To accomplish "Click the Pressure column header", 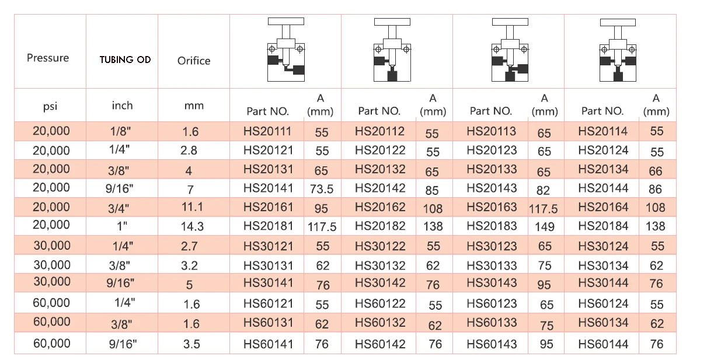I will point(48,58).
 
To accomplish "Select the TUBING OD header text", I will point(125,60).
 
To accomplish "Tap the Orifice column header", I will point(194,61).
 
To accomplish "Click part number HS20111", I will point(267,131).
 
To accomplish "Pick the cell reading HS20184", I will point(603,226).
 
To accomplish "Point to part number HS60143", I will point(492,344).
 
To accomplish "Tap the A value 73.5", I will point(322,189).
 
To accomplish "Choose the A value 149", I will point(544,227).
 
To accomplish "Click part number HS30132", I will point(380,265).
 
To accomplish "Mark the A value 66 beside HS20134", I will point(656,170).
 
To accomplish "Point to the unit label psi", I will point(50,107).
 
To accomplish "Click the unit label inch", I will point(122,106).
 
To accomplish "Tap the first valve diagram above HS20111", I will point(285,51).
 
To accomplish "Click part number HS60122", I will point(380,303).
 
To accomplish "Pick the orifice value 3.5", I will point(191,344).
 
